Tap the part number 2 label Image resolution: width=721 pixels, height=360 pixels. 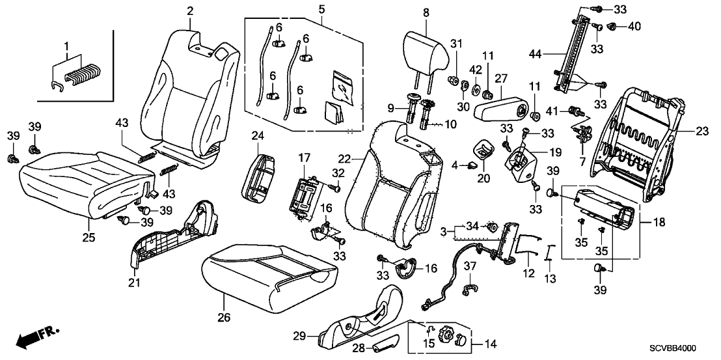point(190,10)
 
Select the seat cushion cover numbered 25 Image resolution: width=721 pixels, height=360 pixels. point(81,179)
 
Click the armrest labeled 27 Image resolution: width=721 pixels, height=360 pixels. point(502,106)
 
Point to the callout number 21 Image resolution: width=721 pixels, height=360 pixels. point(135,283)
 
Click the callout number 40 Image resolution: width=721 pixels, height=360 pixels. point(634,27)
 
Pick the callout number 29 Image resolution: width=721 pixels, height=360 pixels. point(299,336)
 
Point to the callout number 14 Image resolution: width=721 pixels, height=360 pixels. point(490,343)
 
